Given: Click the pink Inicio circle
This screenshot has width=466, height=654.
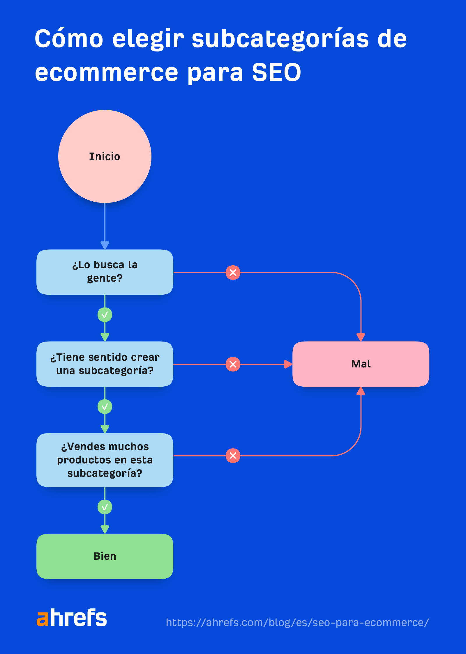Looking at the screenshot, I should point(105,156).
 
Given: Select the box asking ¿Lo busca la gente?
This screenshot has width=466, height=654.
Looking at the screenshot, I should point(105,272).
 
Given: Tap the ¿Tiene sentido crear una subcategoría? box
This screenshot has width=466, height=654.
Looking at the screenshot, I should point(105,364).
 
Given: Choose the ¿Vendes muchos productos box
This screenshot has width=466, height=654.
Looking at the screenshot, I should point(105,460).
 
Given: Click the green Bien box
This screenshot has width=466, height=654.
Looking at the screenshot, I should point(105,556).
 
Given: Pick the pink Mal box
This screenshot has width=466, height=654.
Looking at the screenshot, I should point(361,364).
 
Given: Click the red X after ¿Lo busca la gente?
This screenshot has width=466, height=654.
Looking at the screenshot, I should point(233,273).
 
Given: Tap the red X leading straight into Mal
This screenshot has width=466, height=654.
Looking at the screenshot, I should point(233,364).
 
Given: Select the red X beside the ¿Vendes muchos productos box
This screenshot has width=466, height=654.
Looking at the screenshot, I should point(233,456).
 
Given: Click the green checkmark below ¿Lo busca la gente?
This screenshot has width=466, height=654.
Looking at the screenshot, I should point(105,315).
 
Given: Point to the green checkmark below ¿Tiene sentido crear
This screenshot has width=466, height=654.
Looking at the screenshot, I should point(105,407).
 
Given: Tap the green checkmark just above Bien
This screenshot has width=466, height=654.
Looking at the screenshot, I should point(105,507).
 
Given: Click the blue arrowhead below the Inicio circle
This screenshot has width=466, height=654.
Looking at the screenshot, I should point(105,245).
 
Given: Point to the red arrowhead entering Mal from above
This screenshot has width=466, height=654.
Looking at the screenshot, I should point(361,337).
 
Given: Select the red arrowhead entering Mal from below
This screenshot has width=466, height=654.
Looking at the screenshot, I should point(361,391).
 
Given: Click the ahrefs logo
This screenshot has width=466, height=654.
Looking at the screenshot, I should point(72,617).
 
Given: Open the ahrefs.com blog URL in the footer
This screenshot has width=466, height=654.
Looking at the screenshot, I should point(297,622).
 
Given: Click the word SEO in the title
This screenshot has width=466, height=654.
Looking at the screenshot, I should point(276,72).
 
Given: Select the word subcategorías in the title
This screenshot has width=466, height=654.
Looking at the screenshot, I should point(280,39).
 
